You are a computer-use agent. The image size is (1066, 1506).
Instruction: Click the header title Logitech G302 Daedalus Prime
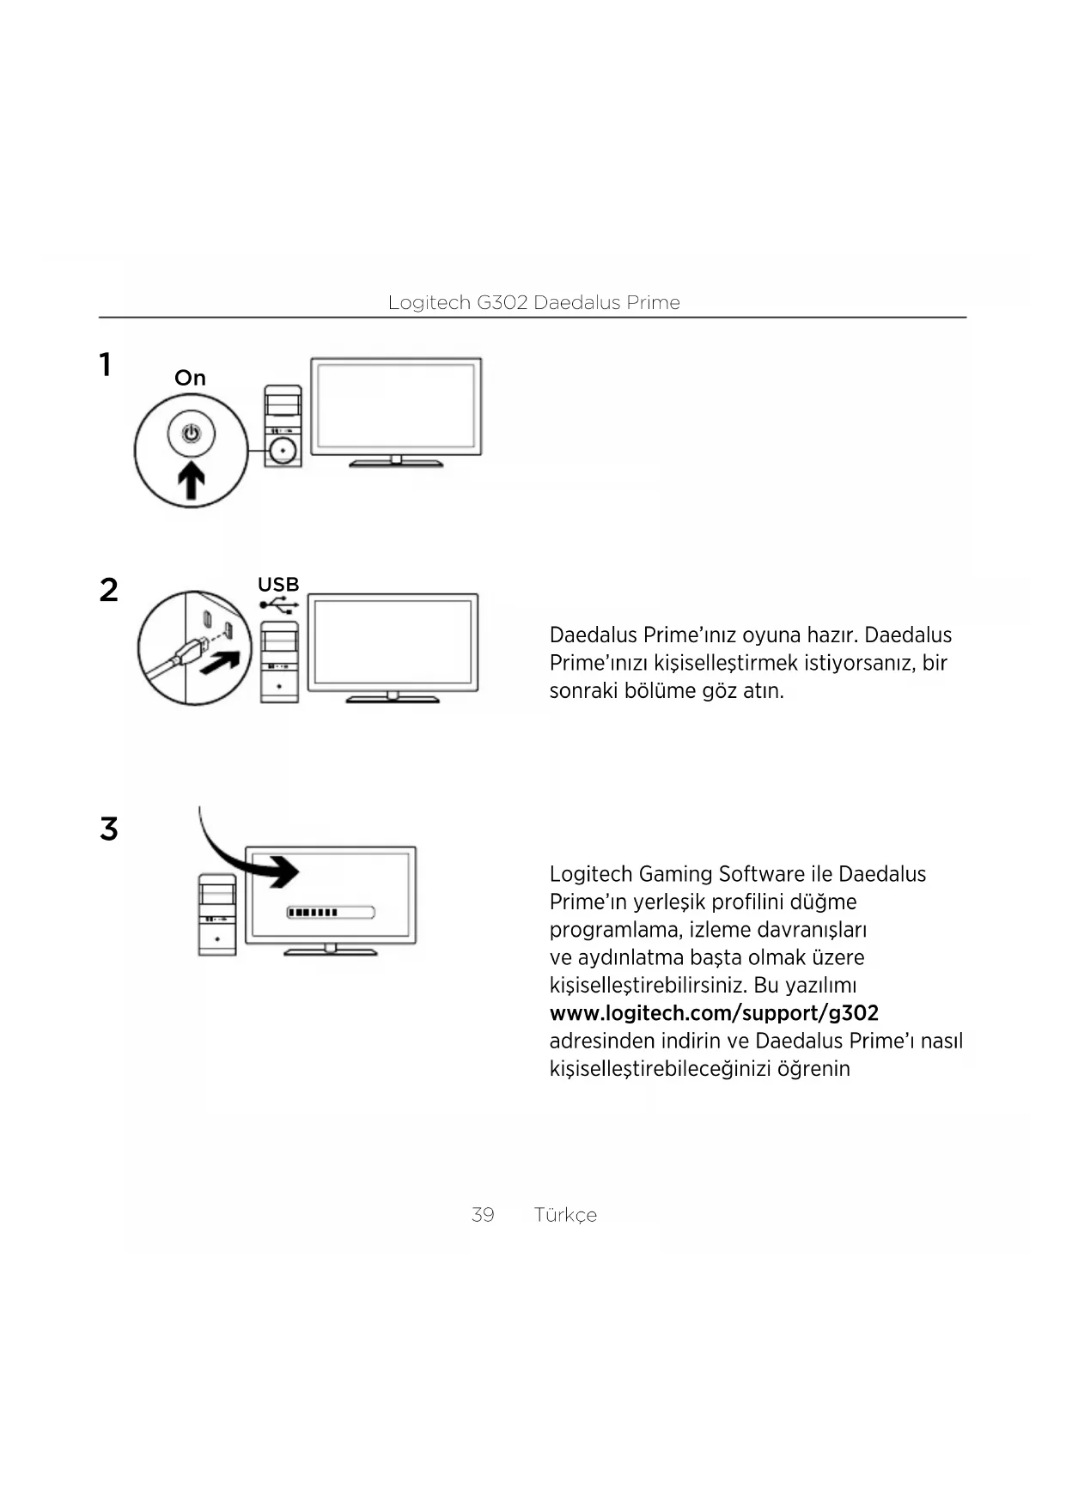pyautogui.click(x=533, y=302)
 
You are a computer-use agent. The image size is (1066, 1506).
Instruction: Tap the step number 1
pyautogui.click(x=105, y=365)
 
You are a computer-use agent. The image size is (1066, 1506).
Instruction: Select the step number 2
pyautogui.click(x=108, y=590)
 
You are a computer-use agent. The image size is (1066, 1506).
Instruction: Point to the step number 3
pyautogui.click(x=108, y=829)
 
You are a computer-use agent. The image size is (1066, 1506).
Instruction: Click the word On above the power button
pyautogui.click(x=190, y=378)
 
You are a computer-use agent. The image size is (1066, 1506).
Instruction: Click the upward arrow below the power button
pyautogui.click(x=192, y=480)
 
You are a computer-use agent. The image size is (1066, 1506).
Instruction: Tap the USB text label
pyautogui.click(x=278, y=585)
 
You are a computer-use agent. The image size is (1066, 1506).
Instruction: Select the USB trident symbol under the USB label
pyautogui.click(x=279, y=605)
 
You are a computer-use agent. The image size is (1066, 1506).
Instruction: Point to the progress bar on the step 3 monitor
pyautogui.click(x=330, y=912)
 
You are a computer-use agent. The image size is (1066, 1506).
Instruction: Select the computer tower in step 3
pyautogui.click(x=216, y=915)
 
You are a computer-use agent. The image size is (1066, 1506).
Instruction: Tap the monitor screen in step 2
pyautogui.click(x=393, y=641)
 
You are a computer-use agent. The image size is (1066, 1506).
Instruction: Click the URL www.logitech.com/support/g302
pyautogui.click(x=714, y=1013)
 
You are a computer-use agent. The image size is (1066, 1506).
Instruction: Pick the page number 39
pyautogui.click(x=483, y=1214)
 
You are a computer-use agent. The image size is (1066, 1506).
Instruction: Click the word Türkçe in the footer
pyautogui.click(x=564, y=1215)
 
